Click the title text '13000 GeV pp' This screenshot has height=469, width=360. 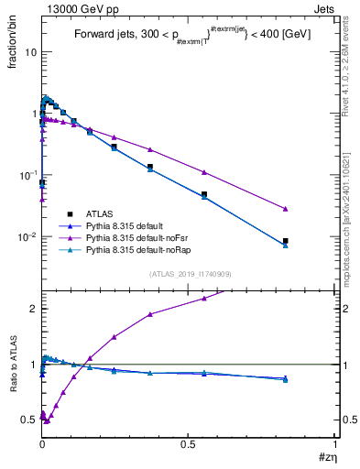tap(72, 8)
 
